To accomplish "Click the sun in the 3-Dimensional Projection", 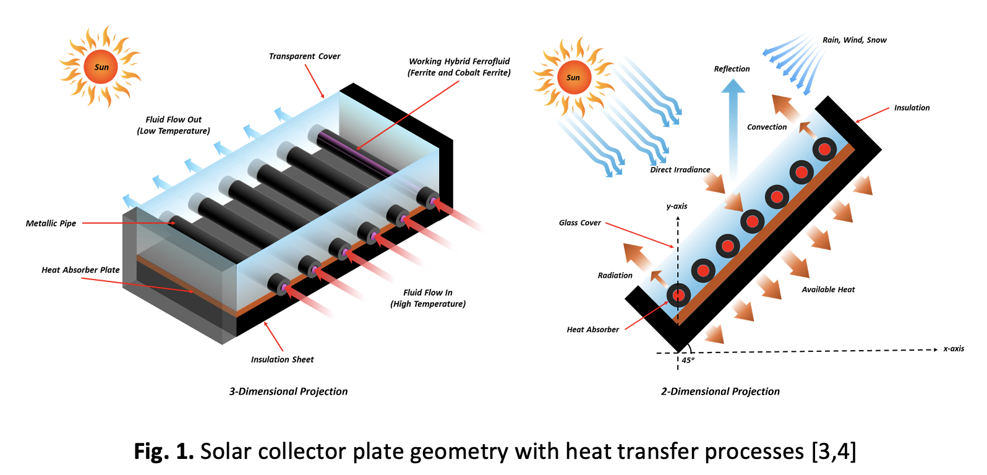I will coord(101,67).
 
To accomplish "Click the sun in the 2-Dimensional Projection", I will coord(573,77).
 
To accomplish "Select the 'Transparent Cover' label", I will coord(304,56).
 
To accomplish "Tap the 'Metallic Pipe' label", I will coord(51,223).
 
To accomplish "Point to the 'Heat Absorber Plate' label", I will coord(80,270).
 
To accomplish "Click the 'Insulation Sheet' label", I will coord(282,359).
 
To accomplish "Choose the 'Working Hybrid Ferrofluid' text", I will coord(459,61).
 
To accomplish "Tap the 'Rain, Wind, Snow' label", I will coord(854,40).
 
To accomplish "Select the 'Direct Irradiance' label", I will coord(680,169).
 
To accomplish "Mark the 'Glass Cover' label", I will coord(579,223).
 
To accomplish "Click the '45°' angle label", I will coord(688,360).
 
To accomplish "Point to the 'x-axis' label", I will coord(953,349).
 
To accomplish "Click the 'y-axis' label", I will coord(677,206).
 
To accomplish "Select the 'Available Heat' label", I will coord(828,289).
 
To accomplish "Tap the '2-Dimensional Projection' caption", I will coord(720,392).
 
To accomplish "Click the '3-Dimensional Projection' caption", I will coord(288,392).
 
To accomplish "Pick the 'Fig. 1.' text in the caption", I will coord(164,451).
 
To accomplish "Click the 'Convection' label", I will coord(767,127).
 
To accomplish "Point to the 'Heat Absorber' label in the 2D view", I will coord(592,330).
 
